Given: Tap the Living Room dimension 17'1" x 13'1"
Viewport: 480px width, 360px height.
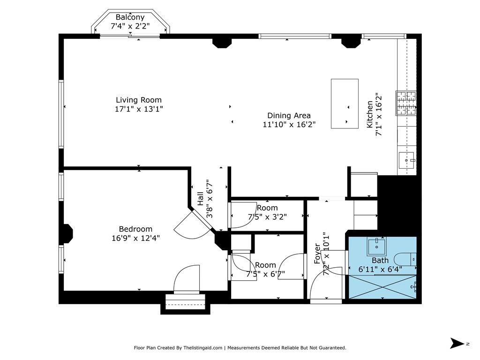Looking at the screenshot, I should [x=139, y=109].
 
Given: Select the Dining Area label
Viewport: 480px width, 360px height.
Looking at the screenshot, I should [x=289, y=115].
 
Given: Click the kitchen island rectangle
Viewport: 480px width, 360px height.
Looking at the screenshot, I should [x=345, y=104].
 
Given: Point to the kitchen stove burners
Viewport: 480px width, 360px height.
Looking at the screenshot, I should [x=406, y=103].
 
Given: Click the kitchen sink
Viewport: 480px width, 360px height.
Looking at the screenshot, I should [x=406, y=161].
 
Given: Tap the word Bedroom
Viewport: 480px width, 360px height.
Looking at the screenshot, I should [x=135, y=229].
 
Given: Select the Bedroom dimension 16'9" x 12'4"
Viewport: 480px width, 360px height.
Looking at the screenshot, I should [x=135, y=238].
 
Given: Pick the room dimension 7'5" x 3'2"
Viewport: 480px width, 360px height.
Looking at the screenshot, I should [x=267, y=217].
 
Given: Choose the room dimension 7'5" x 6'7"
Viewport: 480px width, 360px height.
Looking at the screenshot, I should [x=265, y=274].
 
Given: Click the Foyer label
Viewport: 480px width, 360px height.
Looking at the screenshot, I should [x=317, y=254].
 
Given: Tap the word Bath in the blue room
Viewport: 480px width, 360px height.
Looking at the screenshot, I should [x=380, y=260].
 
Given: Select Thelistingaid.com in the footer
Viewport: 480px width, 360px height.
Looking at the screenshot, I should [x=202, y=348].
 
